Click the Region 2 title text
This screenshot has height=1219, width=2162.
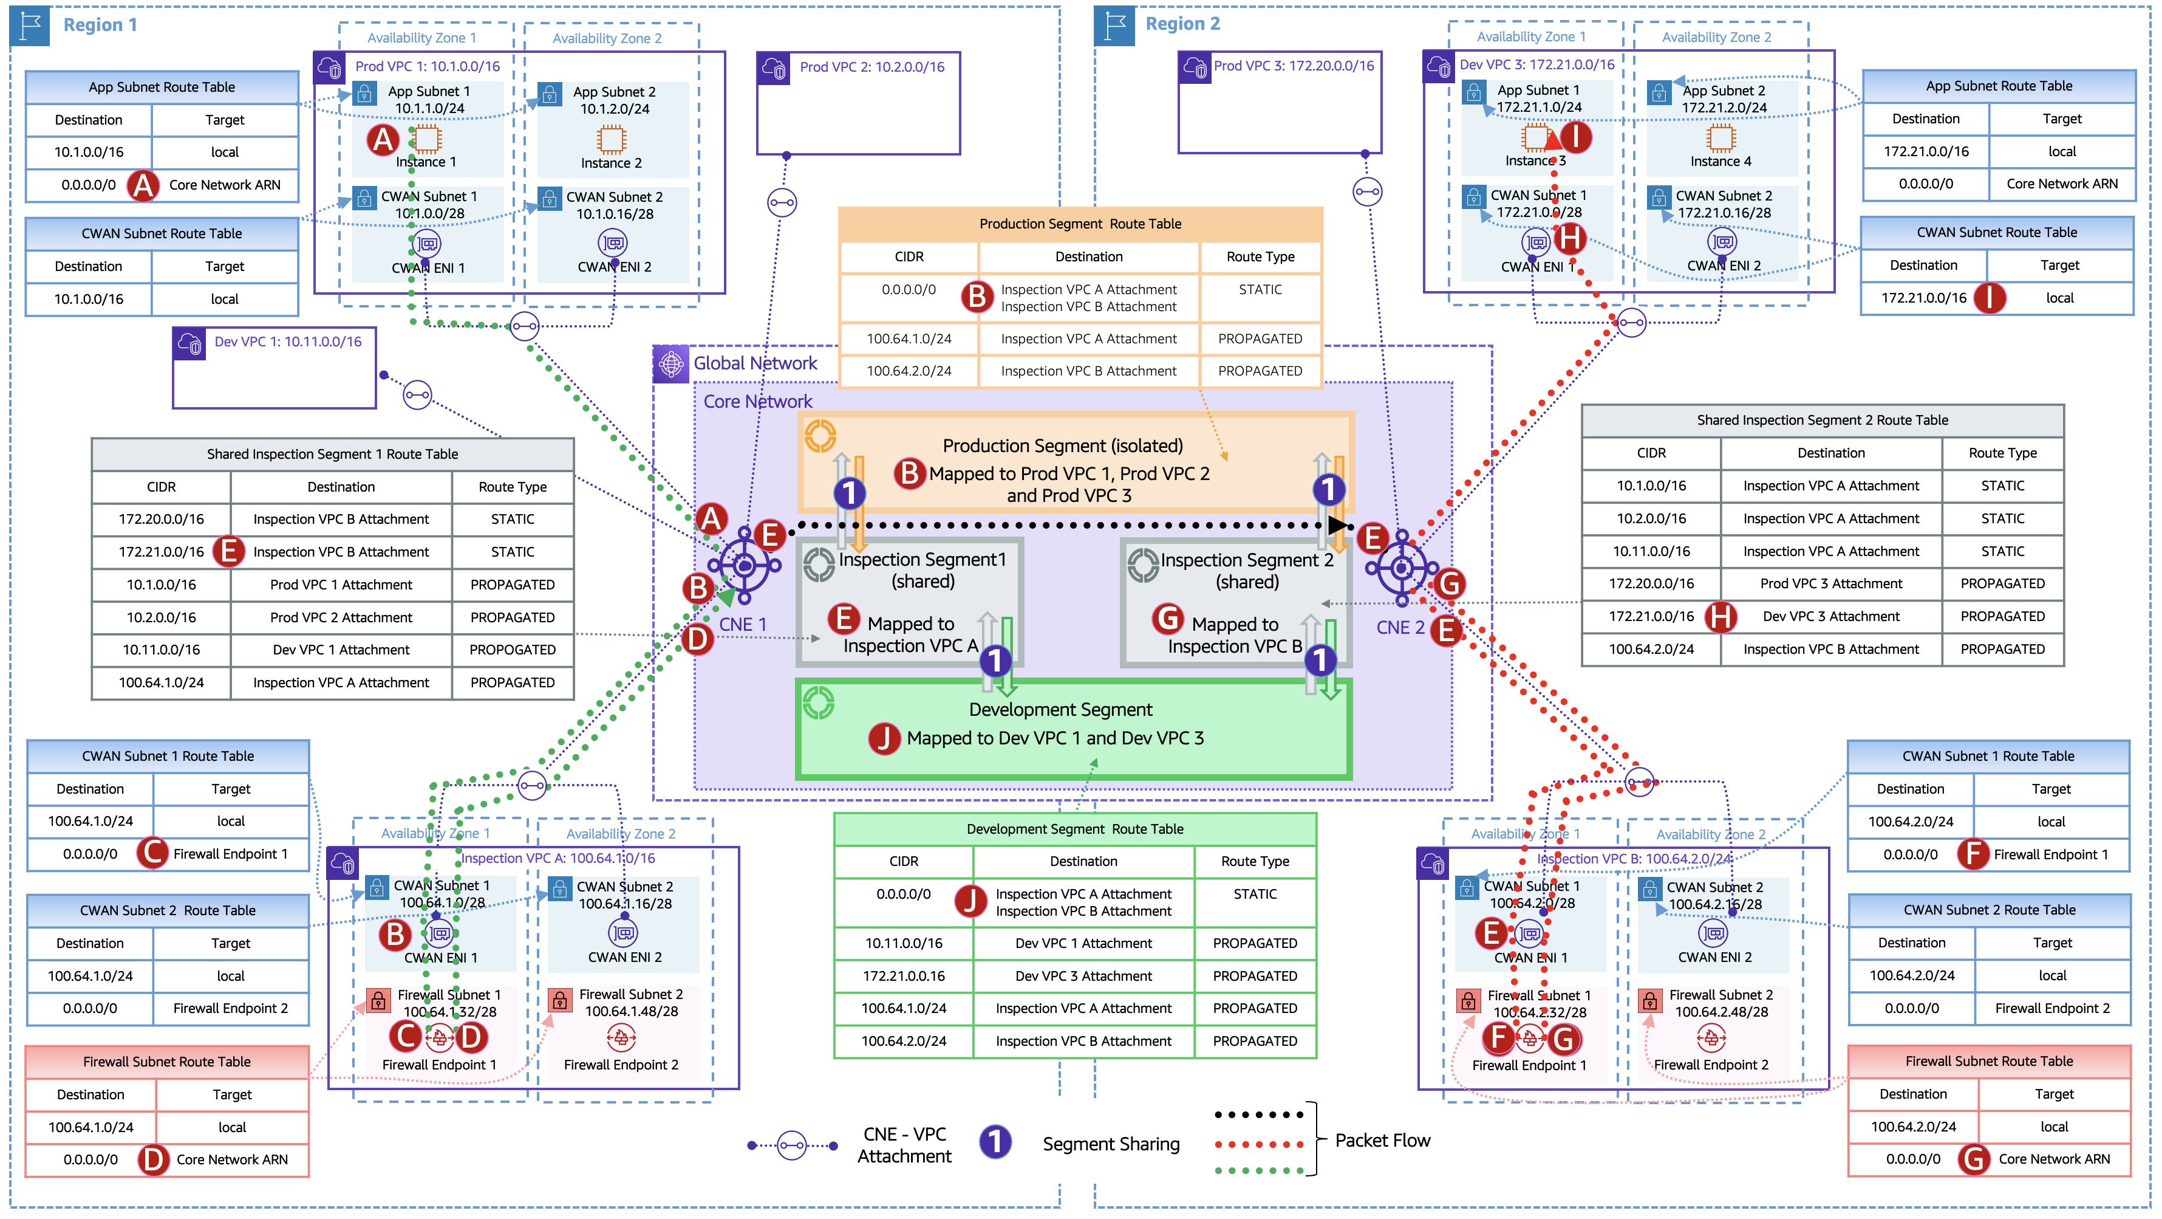1182,24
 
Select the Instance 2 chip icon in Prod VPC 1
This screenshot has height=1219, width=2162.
612,139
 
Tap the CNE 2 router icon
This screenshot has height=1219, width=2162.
1401,568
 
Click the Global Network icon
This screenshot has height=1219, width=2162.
670,363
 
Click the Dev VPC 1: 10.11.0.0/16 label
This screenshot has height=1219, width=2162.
287,342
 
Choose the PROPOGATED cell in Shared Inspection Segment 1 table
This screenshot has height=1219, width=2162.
512,650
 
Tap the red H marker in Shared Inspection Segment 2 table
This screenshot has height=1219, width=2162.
1720,616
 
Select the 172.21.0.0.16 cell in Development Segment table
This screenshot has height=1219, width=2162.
903,975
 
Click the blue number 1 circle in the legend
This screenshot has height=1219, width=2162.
995,1142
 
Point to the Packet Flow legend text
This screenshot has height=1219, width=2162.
1382,1140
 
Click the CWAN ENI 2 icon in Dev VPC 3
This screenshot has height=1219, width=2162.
1721,242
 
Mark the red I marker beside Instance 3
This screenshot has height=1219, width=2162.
1575,136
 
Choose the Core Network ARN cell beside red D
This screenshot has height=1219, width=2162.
231,1159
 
